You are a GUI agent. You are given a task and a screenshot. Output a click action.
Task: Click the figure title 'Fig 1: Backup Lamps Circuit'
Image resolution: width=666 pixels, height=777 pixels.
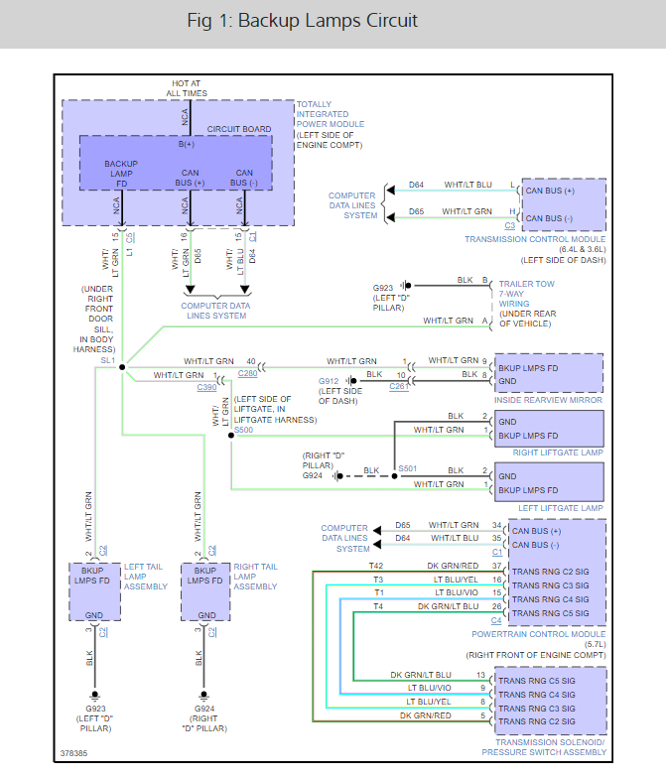[x=302, y=21]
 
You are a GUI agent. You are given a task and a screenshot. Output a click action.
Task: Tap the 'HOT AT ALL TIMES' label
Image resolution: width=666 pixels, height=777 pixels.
[x=187, y=87]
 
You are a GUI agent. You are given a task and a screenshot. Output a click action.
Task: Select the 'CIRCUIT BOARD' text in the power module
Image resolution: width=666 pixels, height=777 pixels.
[x=238, y=129]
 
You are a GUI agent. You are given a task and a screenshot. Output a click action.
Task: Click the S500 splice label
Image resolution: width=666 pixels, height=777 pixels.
[x=242, y=431]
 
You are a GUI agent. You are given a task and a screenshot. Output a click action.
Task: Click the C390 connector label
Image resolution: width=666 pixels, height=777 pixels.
[x=206, y=388]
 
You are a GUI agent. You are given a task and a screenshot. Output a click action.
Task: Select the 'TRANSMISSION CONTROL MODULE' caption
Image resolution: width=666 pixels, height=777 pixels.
[x=534, y=239]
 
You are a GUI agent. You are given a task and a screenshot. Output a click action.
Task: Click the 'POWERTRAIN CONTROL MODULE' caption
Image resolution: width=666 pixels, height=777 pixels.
[x=551, y=634]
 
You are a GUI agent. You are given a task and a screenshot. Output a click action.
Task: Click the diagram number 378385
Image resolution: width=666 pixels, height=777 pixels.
[x=73, y=753]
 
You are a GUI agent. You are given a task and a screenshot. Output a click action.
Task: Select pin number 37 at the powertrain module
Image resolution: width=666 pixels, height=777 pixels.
[x=497, y=566]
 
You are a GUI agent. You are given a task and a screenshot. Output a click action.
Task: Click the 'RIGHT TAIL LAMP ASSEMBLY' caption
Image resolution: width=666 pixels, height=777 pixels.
[x=255, y=577]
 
